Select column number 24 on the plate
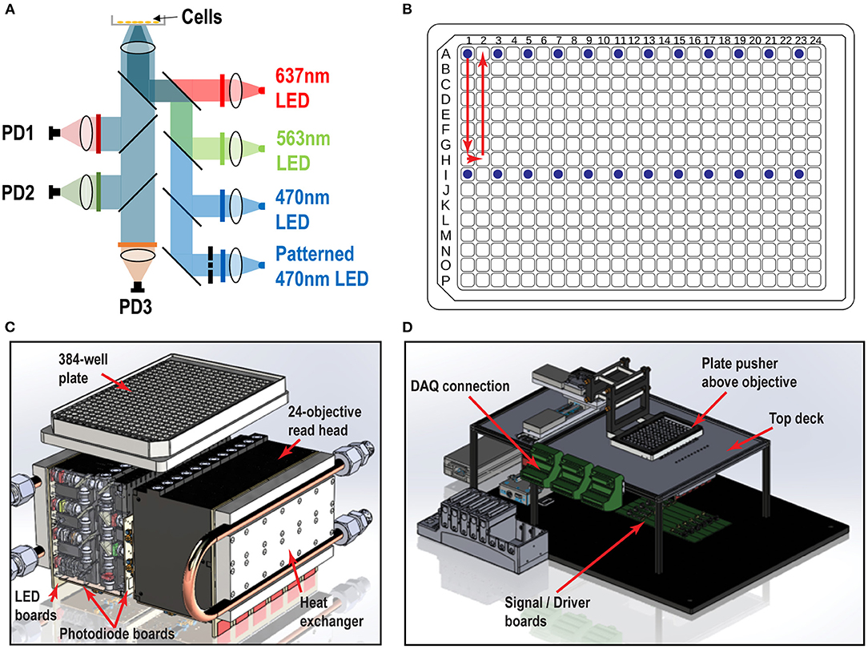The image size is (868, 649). pyautogui.click(x=814, y=39)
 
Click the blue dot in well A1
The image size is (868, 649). pyautogui.click(x=467, y=54)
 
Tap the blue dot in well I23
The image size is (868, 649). pyautogui.click(x=798, y=174)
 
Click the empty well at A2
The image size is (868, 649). pyautogui.click(x=482, y=54)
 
